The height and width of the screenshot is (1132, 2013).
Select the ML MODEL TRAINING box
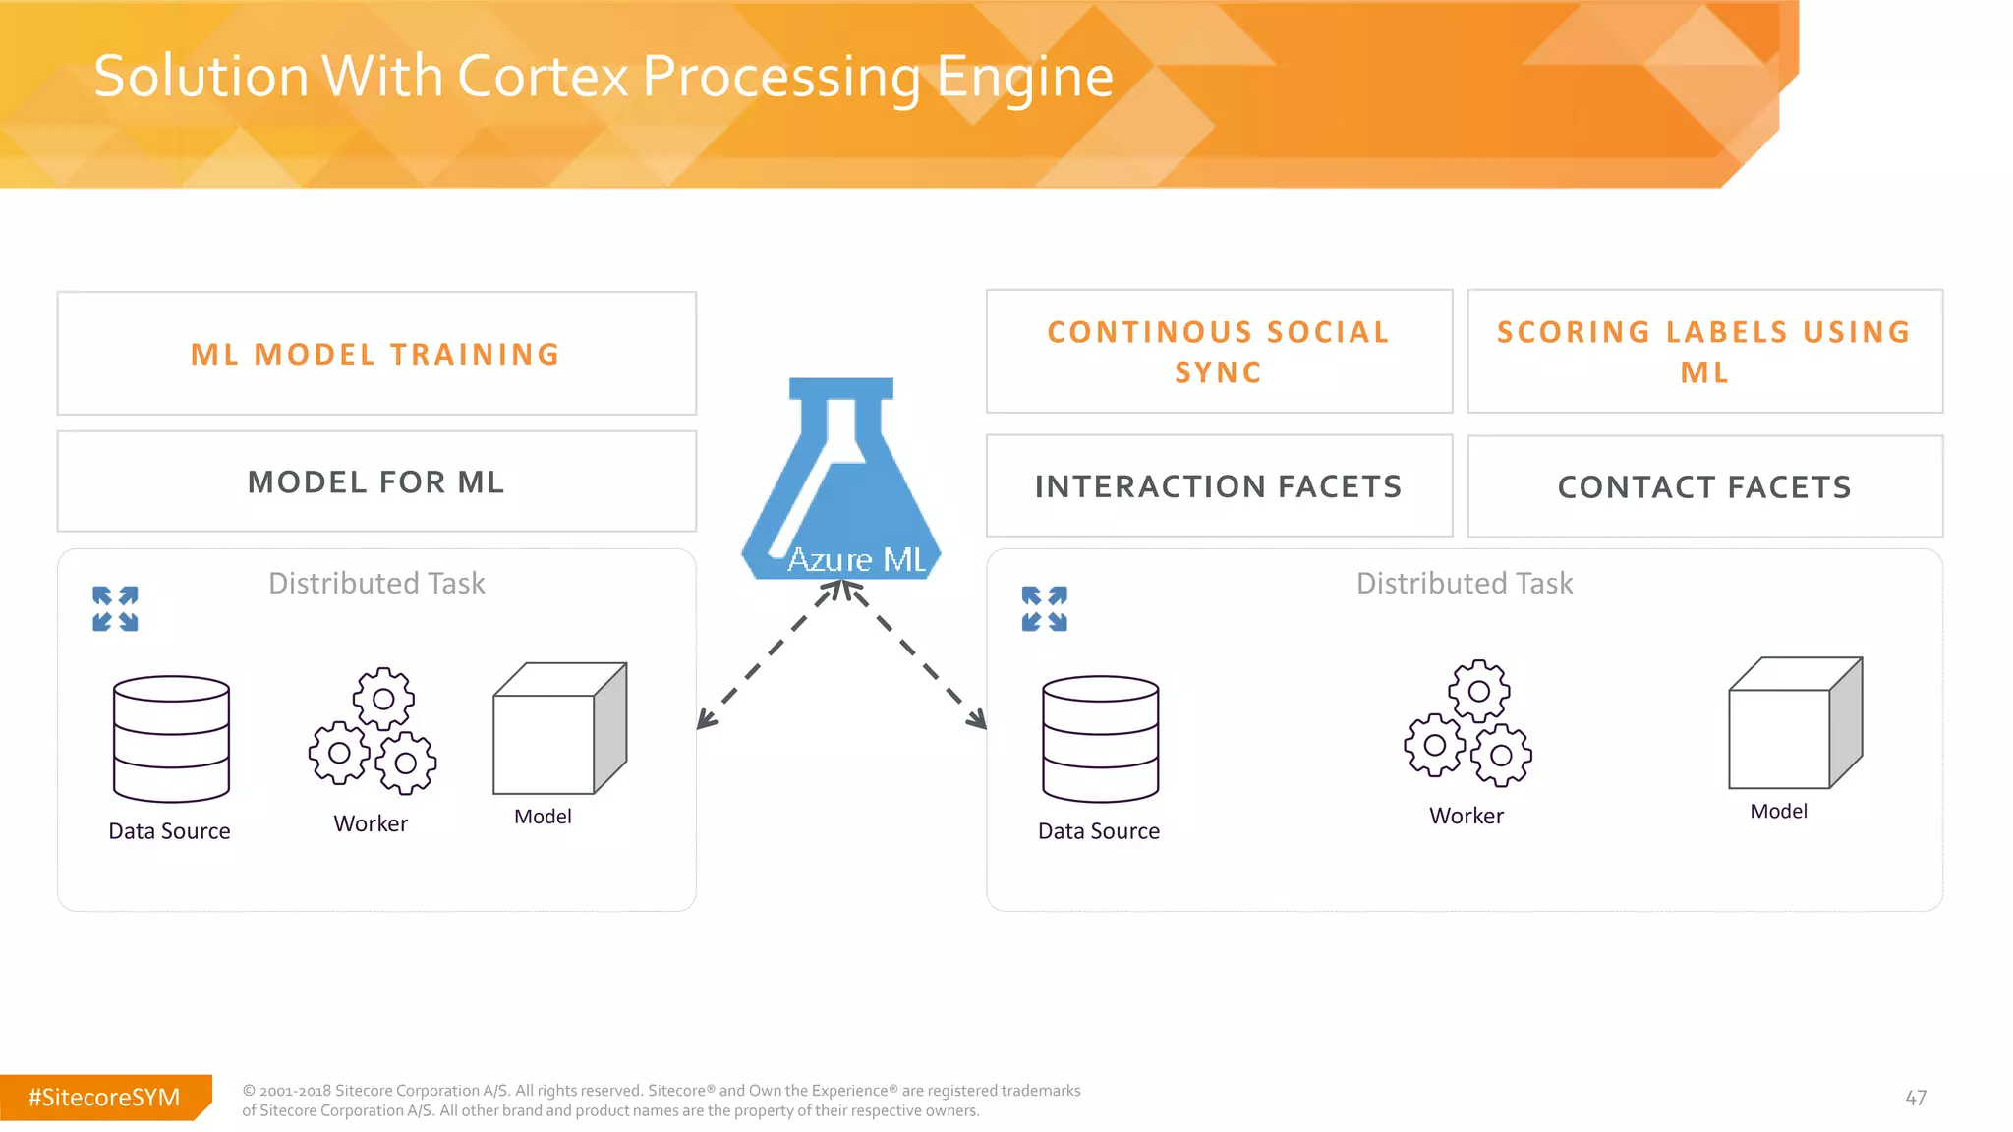click(x=376, y=354)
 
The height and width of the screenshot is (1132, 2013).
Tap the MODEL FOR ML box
click(x=376, y=481)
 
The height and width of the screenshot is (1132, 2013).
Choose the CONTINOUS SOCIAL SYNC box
click(x=1219, y=352)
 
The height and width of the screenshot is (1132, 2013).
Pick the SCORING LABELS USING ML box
click(x=1704, y=352)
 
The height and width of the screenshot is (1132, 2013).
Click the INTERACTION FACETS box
click(x=1219, y=486)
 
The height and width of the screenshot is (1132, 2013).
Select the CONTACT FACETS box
click(x=1704, y=487)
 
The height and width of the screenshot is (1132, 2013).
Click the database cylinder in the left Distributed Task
click(x=171, y=739)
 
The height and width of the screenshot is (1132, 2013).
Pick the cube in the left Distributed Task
click(x=559, y=728)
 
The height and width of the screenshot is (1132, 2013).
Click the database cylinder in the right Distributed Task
click(x=1100, y=739)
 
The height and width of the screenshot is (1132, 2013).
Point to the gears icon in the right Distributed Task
click(x=1467, y=723)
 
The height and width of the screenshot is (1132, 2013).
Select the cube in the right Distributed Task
click(x=1795, y=723)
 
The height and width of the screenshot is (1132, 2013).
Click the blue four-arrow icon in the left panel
click(x=115, y=609)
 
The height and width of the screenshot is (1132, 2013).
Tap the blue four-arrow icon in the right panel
click(x=1044, y=609)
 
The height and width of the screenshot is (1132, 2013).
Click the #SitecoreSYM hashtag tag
click(x=104, y=1098)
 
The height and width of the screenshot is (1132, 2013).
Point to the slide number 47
click(x=1916, y=1098)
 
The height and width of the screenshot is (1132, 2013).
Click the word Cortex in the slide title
click(x=542, y=77)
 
